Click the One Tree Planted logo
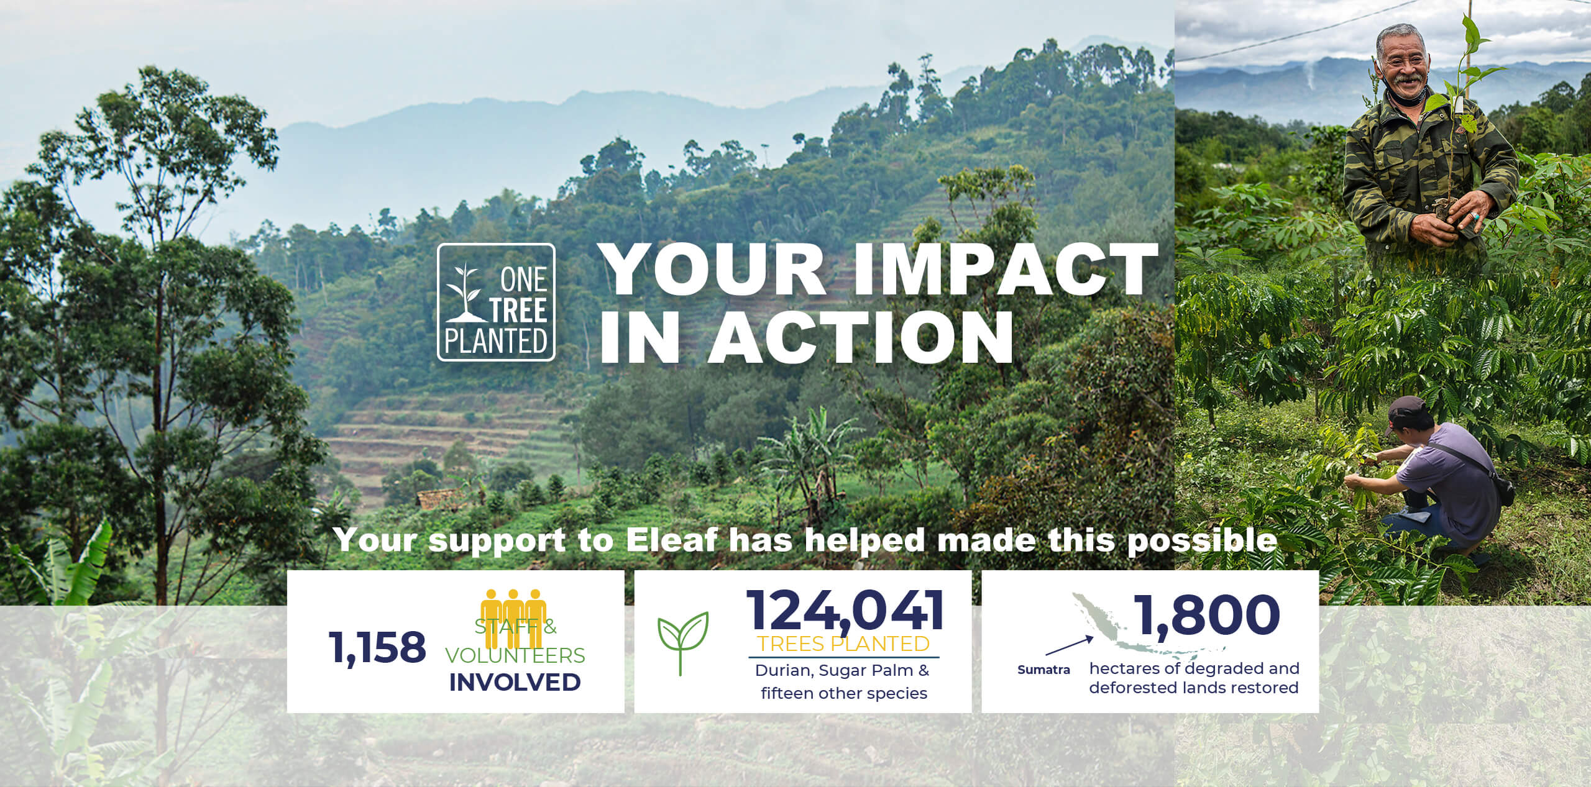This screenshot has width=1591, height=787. click(x=496, y=302)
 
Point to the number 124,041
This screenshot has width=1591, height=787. click(x=845, y=610)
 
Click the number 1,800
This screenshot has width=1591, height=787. click(x=1208, y=614)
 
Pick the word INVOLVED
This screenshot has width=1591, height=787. click(x=515, y=682)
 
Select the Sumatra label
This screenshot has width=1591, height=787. click(x=1044, y=670)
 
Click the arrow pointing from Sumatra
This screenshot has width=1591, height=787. click(x=1070, y=646)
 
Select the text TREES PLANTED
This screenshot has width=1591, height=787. click(x=843, y=644)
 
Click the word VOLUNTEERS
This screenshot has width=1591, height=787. click(x=515, y=655)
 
